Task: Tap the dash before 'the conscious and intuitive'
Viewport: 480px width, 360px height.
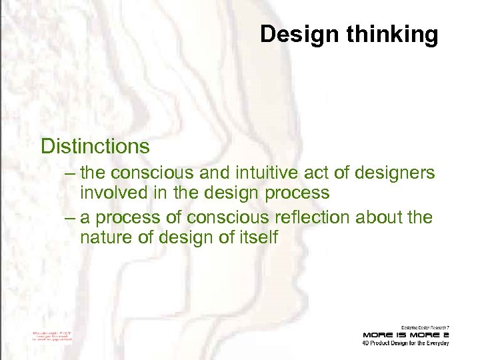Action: click(71, 173)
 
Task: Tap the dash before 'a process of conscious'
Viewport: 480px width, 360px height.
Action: click(71, 217)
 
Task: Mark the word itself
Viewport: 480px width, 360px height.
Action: click(255, 237)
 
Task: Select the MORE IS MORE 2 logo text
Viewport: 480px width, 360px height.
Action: click(405, 334)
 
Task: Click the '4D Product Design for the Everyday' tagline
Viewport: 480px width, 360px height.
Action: click(405, 343)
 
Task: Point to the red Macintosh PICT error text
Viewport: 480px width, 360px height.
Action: click(52, 335)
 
